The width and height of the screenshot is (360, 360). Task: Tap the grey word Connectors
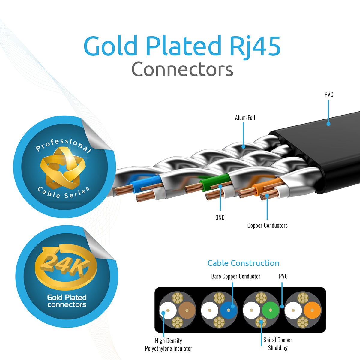coord(182,69)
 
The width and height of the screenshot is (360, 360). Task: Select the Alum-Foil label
coord(245,118)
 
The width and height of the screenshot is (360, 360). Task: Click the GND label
coord(220,217)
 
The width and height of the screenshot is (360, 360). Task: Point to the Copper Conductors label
coord(267,226)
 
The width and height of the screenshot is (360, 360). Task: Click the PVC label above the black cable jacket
coord(329,94)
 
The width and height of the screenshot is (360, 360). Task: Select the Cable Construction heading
coord(243,263)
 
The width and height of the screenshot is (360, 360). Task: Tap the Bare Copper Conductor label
coord(236,276)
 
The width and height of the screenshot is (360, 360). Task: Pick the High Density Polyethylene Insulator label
coord(169,344)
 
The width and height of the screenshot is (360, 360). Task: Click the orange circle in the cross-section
coord(312,310)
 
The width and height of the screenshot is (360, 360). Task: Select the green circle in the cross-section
coord(270,310)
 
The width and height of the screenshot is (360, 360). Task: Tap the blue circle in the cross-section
coord(229,310)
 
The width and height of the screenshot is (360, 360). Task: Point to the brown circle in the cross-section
coord(187,310)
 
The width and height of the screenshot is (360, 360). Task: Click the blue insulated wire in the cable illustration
coord(146,183)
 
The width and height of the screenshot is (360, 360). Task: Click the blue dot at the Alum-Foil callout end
coord(243,147)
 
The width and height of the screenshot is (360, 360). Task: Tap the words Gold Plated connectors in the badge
coord(67,301)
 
